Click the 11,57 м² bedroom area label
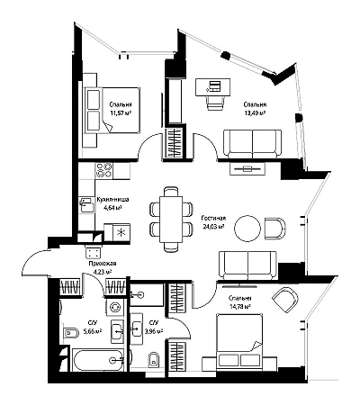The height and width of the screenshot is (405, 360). click(x=121, y=113)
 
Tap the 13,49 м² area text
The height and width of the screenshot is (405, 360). click(x=255, y=113)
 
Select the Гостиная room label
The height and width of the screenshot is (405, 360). click(x=213, y=219)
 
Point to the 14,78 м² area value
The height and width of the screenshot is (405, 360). click(x=239, y=307)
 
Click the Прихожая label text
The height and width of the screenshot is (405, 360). click(x=103, y=264)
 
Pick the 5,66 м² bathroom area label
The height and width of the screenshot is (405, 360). click(x=93, y=331)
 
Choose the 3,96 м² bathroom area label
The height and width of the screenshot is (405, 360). click(x=154, y=331)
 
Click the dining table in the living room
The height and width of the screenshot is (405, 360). click(x=171, y=219)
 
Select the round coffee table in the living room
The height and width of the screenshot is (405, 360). click(x=247, y=229)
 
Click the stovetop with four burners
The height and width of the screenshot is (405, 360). click(x=103, y=170)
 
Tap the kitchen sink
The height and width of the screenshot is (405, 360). click(x=86, y=204)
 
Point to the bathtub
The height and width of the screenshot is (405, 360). click(x=97, y=359)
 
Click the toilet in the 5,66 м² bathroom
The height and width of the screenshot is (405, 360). click(x=71, y=333)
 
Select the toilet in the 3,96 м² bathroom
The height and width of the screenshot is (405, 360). click(x=154, y=359)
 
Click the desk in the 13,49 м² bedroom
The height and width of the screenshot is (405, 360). click(x=213, y=87)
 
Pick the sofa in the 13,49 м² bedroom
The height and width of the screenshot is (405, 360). click(x=253, y=144)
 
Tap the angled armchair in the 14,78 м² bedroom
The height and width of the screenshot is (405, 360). click(x=285, y=300)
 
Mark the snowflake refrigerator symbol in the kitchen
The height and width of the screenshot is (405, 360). click(x=121, y=232)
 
